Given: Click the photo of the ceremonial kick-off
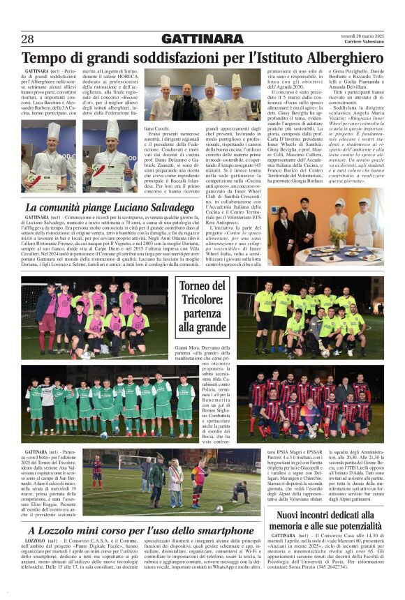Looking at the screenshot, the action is click(x=168, y=481).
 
